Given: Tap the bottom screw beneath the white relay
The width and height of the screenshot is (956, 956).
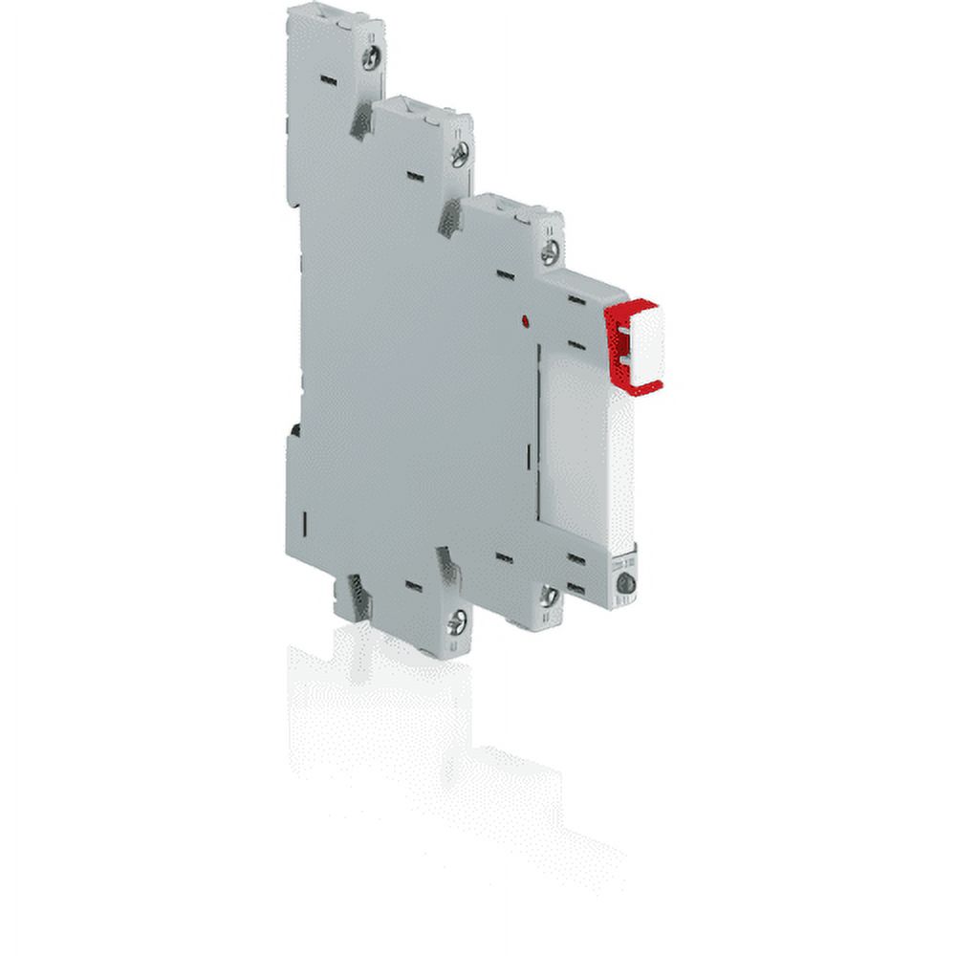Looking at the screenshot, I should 625,583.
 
